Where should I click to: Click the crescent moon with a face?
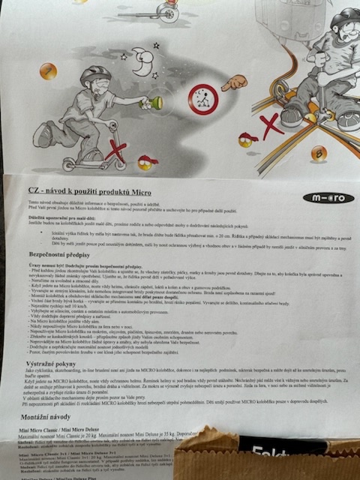tap(142, 61)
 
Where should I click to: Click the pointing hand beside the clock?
tap(235, 81)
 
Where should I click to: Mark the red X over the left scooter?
tap(114, 151)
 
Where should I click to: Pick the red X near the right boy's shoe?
tap(271, 123)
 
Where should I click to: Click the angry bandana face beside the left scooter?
tap(144, 162)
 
